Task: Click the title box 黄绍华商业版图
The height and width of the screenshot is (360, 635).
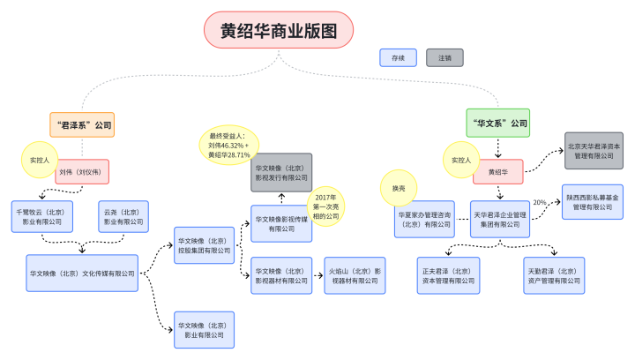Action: pyautogui.click(x=279, y=31)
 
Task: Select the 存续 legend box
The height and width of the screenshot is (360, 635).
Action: pyautogui.click(x=398, y=57)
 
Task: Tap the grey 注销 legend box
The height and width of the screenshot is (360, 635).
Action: pyautogui.click(x=444, y=57)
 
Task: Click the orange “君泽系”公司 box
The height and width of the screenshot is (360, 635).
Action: pyautogui.click(x=83, y=124)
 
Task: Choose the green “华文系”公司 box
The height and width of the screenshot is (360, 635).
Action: pyautogui.click(x=497, y=123)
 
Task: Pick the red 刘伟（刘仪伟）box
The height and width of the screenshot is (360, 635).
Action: pyautogui.click(x=82, y=171)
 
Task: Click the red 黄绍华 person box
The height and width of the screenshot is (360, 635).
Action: pyautogui.click(x=497, y=171)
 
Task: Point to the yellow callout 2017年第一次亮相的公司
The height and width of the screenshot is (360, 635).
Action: pyautogui.click(x=325, y=205)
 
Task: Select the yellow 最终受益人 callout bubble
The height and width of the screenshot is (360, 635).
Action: pyautogui.click(x=228, y=143)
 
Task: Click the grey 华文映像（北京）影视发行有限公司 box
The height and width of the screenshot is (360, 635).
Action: pyautogui.click(x=281, y=171)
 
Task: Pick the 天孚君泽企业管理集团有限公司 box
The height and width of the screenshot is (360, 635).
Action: pyautogui.click(x=500, y=219)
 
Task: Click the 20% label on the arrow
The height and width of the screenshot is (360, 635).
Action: pyautogui.click(x=540, y=203)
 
